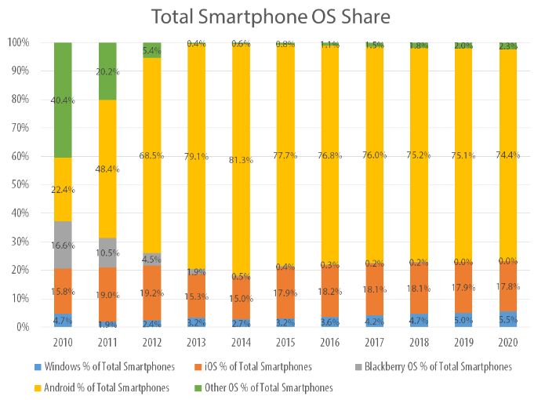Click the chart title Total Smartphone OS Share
point(271,17)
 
